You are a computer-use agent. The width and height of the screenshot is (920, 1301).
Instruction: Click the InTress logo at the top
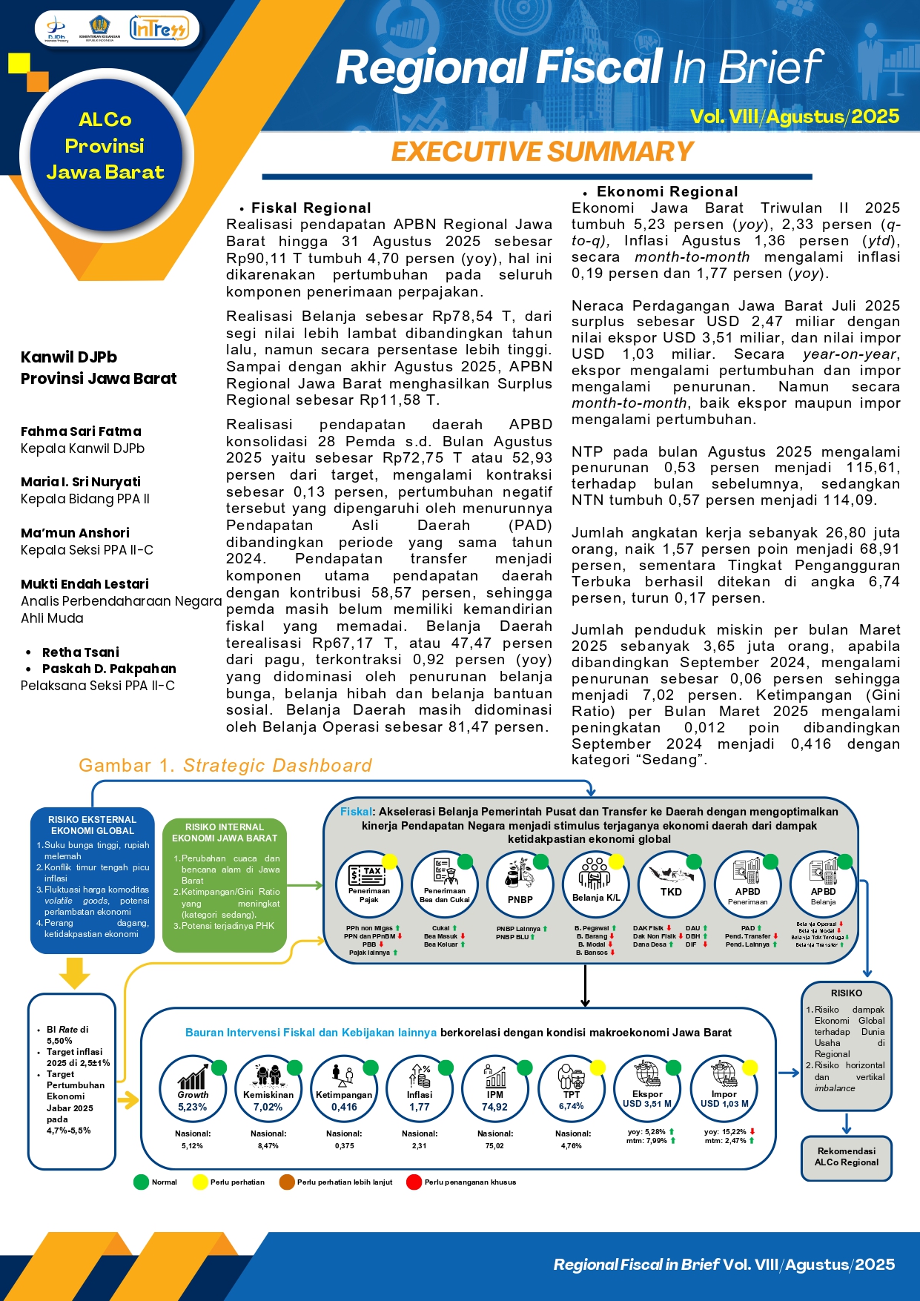click(x=159, y=29)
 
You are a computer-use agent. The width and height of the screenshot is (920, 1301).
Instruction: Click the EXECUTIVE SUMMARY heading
click(x=542, y=152)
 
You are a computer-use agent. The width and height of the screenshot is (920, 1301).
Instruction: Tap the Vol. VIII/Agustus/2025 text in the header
click(x=794, y=117)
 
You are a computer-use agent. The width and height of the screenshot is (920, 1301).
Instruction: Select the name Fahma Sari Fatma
click(x=81, y=431)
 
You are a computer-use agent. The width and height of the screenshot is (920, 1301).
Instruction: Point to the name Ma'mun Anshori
click(x=75, y=533)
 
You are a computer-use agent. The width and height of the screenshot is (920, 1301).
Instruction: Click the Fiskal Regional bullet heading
click(x=311, y=208)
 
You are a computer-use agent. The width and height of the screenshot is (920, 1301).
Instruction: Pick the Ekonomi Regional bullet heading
click(x=666, y=192)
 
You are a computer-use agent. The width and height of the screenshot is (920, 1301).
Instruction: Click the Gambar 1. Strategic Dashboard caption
click(x=225, y=766)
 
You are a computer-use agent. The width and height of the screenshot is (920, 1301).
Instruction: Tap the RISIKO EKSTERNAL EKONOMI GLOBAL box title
click(x=93, y=825)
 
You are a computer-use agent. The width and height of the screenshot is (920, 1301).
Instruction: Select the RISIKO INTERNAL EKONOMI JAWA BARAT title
click(x=225, y=832)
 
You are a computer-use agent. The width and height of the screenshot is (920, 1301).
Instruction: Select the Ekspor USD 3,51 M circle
click(x=647, y=1088)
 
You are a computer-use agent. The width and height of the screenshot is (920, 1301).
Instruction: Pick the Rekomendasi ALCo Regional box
click(x=846, y=1156)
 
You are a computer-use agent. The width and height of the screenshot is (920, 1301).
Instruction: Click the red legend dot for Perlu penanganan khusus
click(x=414, y=1182)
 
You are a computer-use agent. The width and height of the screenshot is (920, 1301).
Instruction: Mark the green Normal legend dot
click(x=141, y=1182)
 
